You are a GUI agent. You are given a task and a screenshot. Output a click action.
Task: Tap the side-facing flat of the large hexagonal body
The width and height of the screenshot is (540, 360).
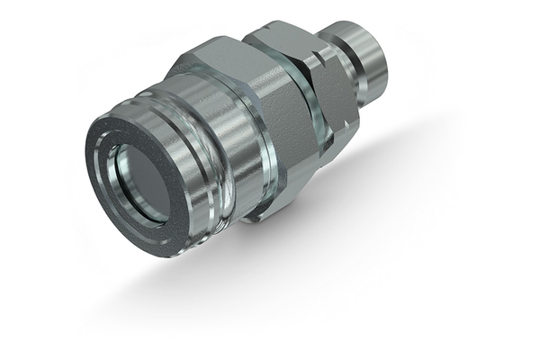click(x=274, y=135)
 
